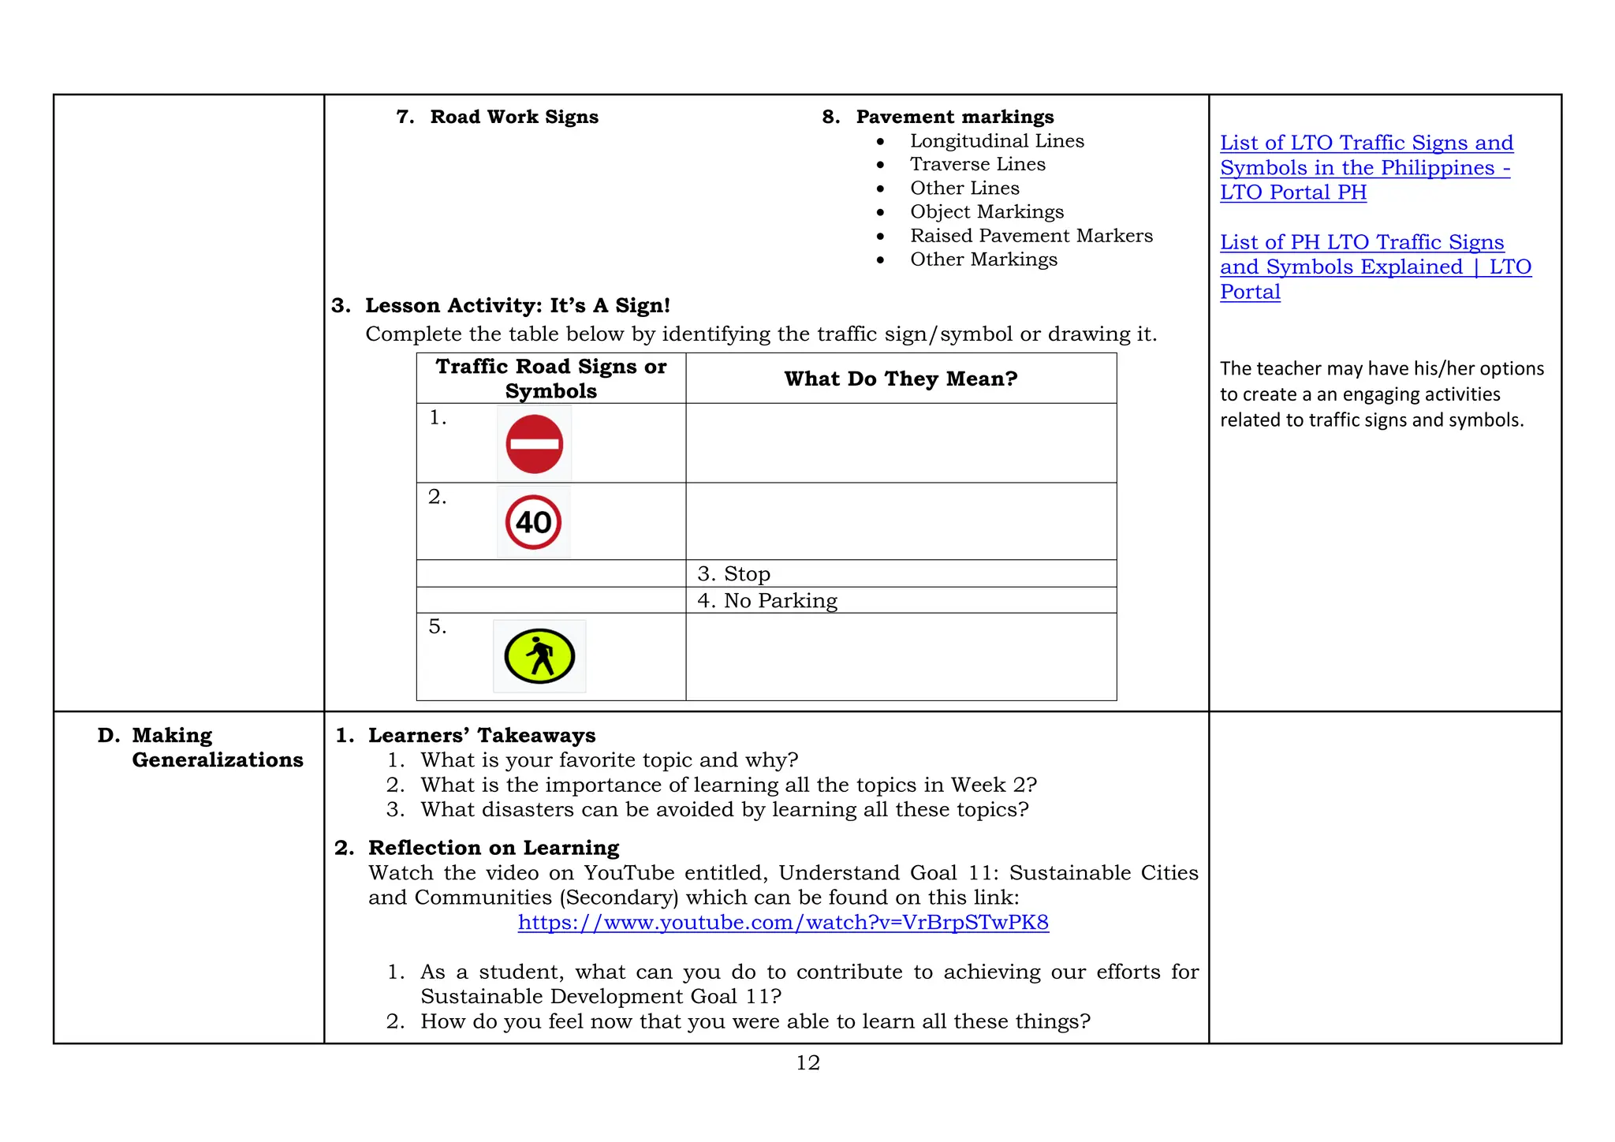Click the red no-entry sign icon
click(534, 444)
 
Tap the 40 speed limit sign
click(533, 522)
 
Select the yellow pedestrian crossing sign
click(539, 656)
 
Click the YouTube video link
click(783, 922)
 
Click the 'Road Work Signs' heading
click(513, 117)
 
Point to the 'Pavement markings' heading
click(954, 117)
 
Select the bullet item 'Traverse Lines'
click(977, 164)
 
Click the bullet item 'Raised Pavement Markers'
click(1031, 236)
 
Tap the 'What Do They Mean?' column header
click(901, 379)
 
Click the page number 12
click(807, 1062)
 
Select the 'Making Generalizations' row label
click(217, 747)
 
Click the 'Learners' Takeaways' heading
click(481, 735)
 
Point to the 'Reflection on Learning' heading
click(493, 847)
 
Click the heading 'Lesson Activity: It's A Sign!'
click(517, 305)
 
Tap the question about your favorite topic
click(609, 759)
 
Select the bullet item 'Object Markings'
click(987, 211)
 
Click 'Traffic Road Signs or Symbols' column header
click(550, 379)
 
